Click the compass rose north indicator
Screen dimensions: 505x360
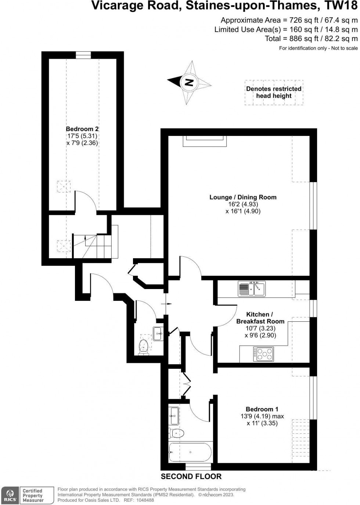pyautogui.click(x=189, y=82)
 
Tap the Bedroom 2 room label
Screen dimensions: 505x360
pyautogui.click(x=82, y=136)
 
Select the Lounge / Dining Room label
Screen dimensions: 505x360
pyautogui.click(x=243, y=204)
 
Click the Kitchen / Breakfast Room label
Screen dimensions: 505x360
pyautogui.click(x=260, y=325)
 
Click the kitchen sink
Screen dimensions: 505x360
pyautogui.click(x=251, y=288)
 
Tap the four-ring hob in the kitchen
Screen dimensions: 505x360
pyautogui.click(x=263, y=354)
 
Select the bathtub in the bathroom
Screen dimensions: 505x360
pyautogui.click(x=190, y=452)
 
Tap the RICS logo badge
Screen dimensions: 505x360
pyautogui.click(x=10, y=495)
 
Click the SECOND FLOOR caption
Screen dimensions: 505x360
pyautogui.click(x=191, y=476)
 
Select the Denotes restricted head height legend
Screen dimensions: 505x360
pyautogui.click(x=274, y=93)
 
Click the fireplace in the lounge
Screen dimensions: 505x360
pyautogui.click(x=204, y=141)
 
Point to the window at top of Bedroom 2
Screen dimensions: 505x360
pyautogui.click(x=83, y=55)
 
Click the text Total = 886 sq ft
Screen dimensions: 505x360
pyautogui.click(x=311, y=39)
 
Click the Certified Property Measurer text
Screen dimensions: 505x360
pyautogui.click(x=33, y=495)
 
